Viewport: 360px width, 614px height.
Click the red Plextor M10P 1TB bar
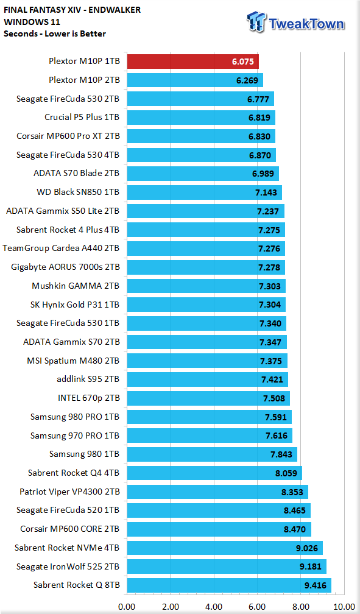pyautogui.click(x=192, y=62)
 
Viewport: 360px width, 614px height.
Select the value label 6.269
pyautogui.click(x=247, y=80)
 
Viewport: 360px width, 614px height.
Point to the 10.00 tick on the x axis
pyautogui.click(x=344, y=607)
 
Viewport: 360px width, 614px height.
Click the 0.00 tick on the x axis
pyautogui.click(x=127, y=607)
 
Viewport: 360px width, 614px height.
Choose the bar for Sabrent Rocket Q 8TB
pyautogui.click(x=229, y=585)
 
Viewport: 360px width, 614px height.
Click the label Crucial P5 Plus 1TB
pyautogui.click(x=82, y=117)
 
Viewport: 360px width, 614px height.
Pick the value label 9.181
pyautogui.click(x=310, y=566)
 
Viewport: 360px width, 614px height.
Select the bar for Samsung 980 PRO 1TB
pyautogui.click(x=209, y=417)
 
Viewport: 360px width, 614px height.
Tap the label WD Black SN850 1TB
pyautogui.click(x=78, y=192)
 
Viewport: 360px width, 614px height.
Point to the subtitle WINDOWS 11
pyautogui.click(x=32, y=21)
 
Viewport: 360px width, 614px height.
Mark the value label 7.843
pyautogui.click(x=281, y=454)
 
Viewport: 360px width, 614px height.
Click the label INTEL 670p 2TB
pyautogui.click(x=89, y=398)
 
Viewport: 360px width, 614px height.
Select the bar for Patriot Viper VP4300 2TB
pyautogui.click(x=217, y=492)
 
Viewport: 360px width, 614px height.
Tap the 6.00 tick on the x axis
pyautogui.click(x=257, y=607)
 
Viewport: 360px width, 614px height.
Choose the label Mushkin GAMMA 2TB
pyautogui.click(x=76, y=286)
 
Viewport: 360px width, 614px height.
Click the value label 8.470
pyautogui.click(x=295, y=529)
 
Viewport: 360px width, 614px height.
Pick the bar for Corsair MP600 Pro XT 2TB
pyautogui.click(x=201, y=136)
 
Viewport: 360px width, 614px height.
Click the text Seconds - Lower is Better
pyautogui.click(x=55, y=34)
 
